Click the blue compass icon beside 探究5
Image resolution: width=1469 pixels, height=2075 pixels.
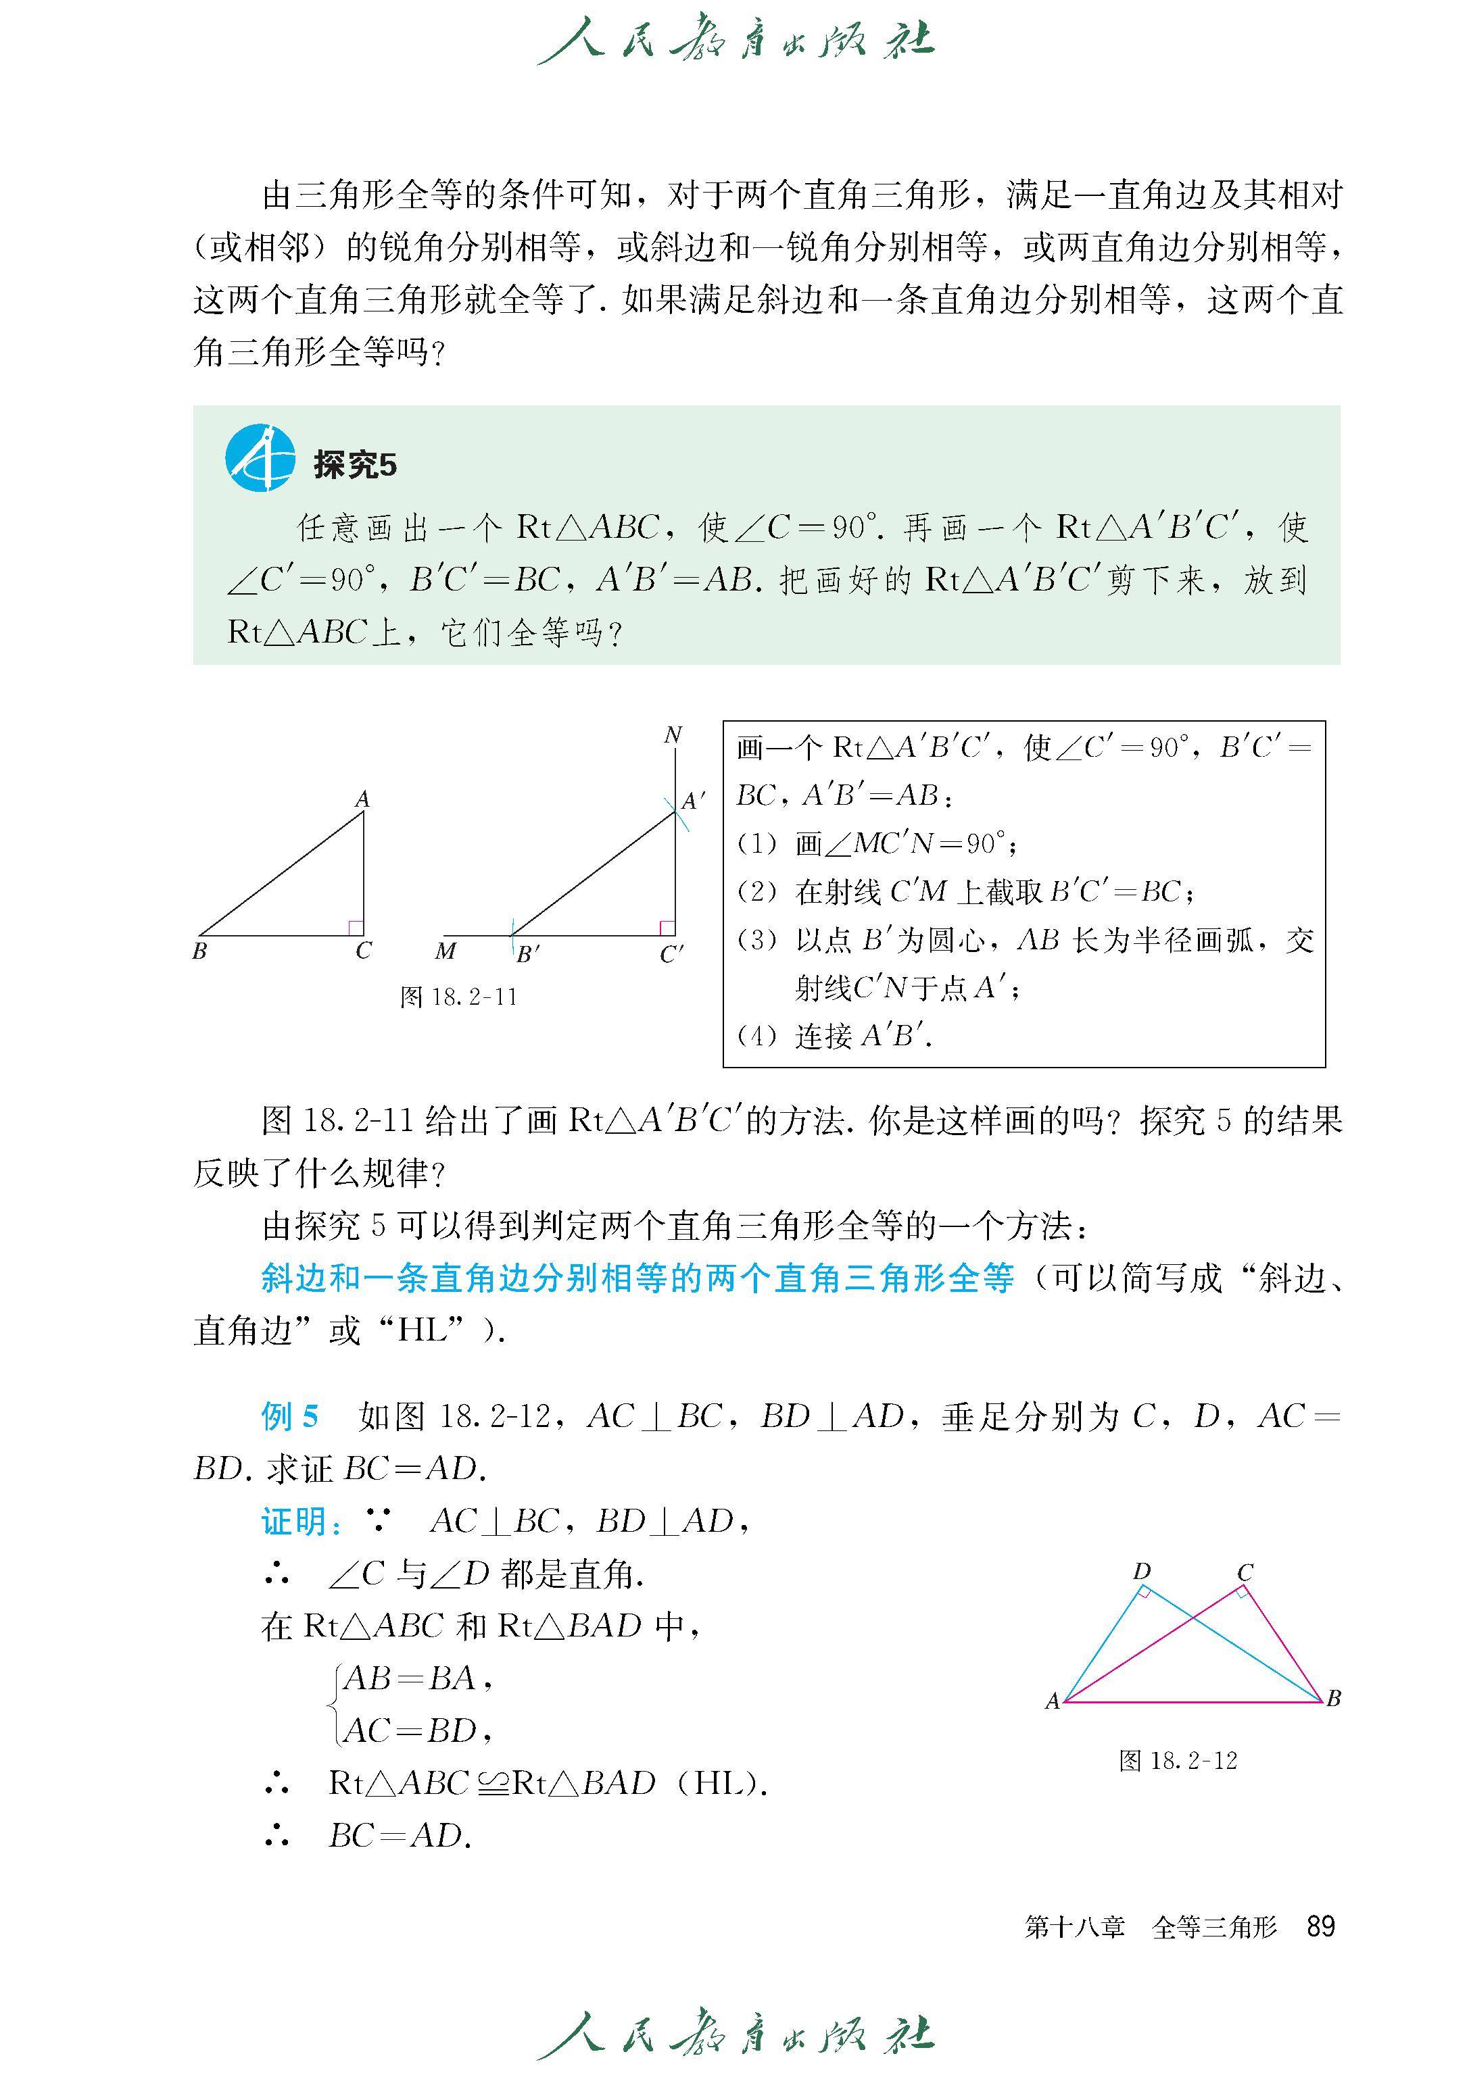[260, 457]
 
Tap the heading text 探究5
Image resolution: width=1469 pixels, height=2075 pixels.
[355, 465]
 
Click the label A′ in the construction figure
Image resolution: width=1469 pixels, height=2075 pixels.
[694, 801]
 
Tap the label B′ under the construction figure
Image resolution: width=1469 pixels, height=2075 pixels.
[527, 954]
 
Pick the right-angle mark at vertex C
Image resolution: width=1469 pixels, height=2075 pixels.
[356, 928]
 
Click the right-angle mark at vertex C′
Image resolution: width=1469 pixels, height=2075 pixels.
[667, 928]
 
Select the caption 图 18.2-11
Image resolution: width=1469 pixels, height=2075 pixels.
[458, 997]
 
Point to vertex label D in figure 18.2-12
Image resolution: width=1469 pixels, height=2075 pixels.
[1142, 1572]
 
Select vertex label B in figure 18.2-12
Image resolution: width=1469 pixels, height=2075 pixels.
[1333, 1698]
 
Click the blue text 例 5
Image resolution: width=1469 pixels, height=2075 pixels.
[289, 1416]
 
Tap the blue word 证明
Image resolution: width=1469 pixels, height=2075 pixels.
[295, 1522]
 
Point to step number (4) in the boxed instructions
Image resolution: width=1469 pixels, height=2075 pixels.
[757, 1035]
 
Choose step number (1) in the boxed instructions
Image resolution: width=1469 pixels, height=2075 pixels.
[757, 843]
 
